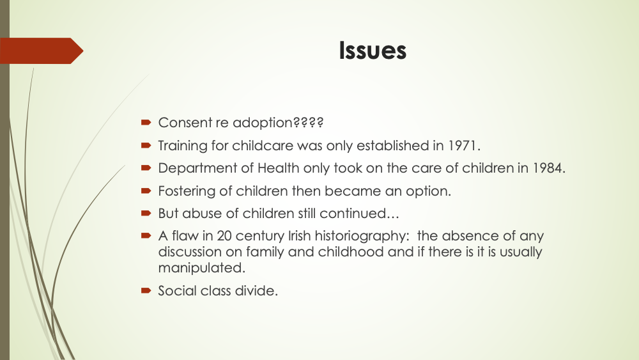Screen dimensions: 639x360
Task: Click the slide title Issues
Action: [373, 51]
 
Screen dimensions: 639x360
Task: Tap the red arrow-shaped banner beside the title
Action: [42, 51]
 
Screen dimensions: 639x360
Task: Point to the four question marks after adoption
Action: [308, 122]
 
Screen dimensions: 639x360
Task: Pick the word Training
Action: [183, 146]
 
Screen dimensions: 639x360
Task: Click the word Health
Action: [279, 168]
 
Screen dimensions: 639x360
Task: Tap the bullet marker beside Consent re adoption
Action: [146, 122]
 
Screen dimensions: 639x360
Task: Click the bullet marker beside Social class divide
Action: [146, 290]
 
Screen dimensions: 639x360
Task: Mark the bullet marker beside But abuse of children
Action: [146, 213]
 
